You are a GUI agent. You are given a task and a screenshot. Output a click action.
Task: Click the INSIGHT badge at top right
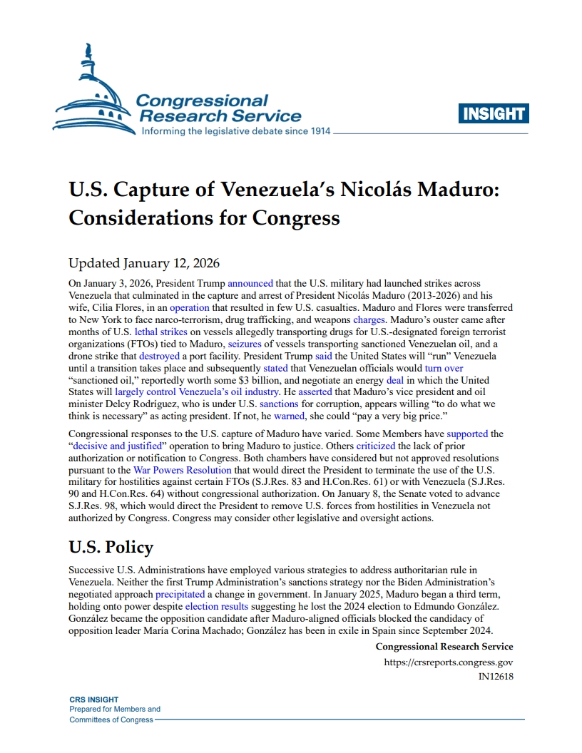pyautogui.click(x=494, y=113)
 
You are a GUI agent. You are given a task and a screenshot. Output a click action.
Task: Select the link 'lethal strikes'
pyautogui.click(x=147, y=332)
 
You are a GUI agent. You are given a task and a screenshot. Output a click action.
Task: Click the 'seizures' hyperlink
pyautogui.click(x=245, y=344)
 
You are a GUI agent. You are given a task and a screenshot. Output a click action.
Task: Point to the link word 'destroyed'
pyautogui.click(x=159, y=356)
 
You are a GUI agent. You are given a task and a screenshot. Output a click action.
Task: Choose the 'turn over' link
pyautogui.click(x=444, y=368)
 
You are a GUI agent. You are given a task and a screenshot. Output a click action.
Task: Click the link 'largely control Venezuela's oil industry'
pyautogui.click(x=195, y=392)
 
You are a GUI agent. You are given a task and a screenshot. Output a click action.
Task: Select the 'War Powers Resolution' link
pyautogui.click(x=183, y=470)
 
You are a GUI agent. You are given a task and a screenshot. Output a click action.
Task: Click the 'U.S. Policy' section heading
pyautogui.click(x=111, y=547)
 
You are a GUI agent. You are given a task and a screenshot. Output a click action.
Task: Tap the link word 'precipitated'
pyautogui.click(x=180, y=594)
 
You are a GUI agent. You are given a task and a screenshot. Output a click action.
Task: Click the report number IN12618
pyautogui.click(x=496, y=677)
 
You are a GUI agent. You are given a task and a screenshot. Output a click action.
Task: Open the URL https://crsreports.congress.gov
pyautogui.click(x=449, y=662)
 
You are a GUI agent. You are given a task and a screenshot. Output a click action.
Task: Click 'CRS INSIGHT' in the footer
pyautogui.click(x=93, y=700)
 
